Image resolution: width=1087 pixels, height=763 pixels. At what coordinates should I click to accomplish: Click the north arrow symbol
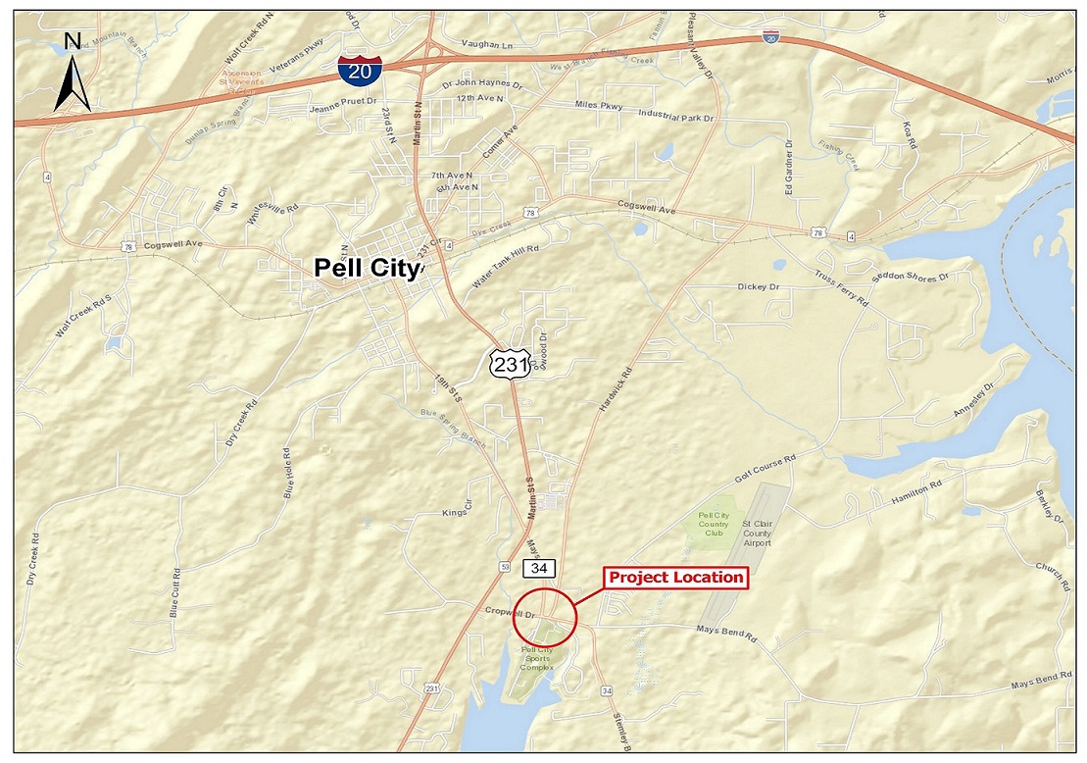(x=72, y=73)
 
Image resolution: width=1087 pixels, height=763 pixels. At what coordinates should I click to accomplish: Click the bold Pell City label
(x=367, y=268)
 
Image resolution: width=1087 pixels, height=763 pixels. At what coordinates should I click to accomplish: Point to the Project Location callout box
(x=675, y=577)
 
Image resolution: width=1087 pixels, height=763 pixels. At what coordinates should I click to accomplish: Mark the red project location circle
(x=545, y=616)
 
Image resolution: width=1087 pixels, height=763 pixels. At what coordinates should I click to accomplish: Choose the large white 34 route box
(x=538, y=568)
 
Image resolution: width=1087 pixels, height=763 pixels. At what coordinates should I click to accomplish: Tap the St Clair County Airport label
(x=758, y=534)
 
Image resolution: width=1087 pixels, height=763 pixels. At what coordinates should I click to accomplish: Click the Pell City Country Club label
(x=713, y=524)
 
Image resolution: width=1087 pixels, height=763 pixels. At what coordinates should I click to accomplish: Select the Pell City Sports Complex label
(x=537, y=657)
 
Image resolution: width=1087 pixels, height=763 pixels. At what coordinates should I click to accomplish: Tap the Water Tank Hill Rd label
(x=506, y=265)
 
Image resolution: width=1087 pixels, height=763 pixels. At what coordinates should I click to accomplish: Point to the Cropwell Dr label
(x=510, y=613)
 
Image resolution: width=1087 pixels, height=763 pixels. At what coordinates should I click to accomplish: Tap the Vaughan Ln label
(x=487, y=46)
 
